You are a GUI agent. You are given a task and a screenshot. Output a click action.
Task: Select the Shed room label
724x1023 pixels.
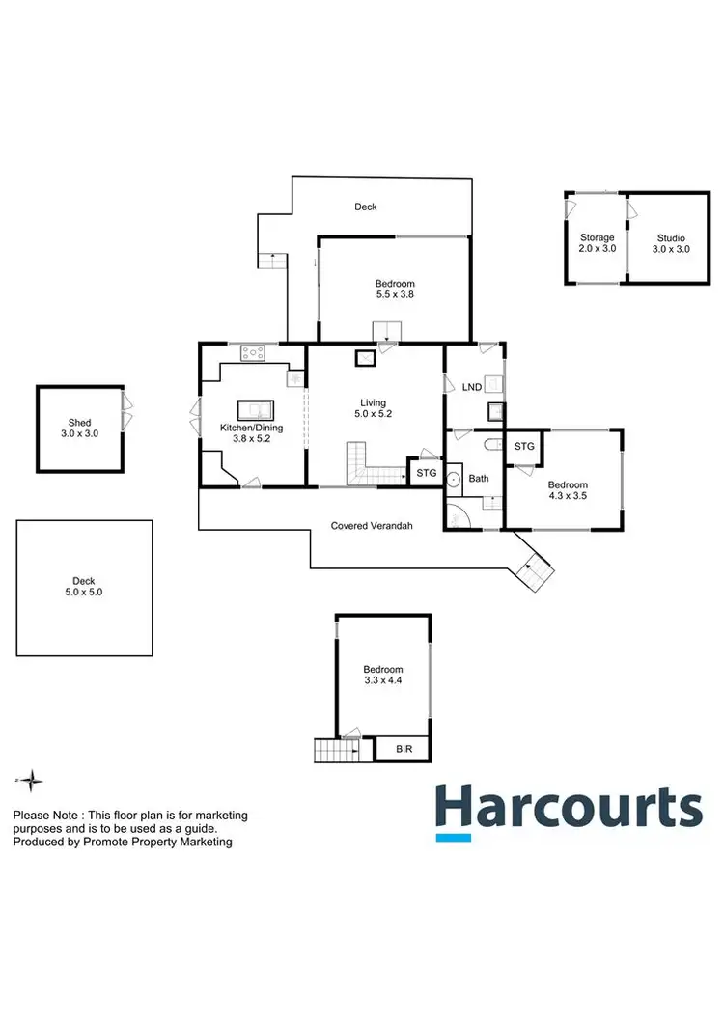[79, 428]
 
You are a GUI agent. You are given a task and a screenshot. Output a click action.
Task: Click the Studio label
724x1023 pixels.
[671, 243]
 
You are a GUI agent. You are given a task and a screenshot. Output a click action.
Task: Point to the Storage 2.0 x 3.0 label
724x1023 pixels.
[597, 243]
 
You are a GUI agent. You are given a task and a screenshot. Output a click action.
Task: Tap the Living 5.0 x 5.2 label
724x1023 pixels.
[374, 408]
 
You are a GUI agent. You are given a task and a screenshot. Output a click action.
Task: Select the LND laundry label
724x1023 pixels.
[472, 387]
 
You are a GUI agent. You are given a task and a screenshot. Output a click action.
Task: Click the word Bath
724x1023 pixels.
[479, 479]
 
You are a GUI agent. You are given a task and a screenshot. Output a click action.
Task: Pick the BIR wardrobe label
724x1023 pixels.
[402, 748]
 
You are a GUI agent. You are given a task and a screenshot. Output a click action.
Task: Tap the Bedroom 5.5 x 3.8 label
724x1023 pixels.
[395, 290]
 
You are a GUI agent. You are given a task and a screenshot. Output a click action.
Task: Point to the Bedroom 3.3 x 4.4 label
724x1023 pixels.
[383, 675]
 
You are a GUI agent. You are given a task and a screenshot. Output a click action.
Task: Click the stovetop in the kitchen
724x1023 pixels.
[253, 353]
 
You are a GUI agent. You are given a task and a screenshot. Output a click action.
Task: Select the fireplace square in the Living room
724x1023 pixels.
[366, 359]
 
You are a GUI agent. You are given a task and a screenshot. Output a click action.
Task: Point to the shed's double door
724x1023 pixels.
[125, 412]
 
